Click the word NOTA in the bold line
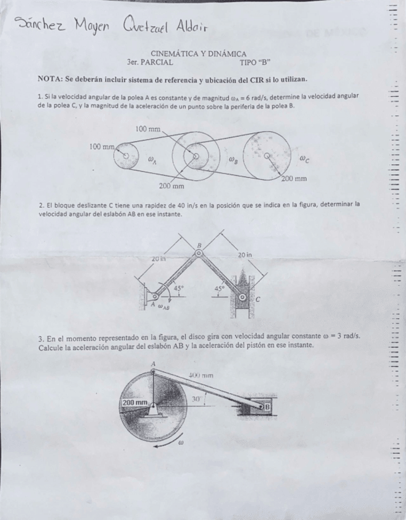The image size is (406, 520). click(51, 80)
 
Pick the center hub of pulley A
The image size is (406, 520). click(127, 157)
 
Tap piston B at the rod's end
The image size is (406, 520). click(267, 407)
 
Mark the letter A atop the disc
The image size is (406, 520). click(153, 364)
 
